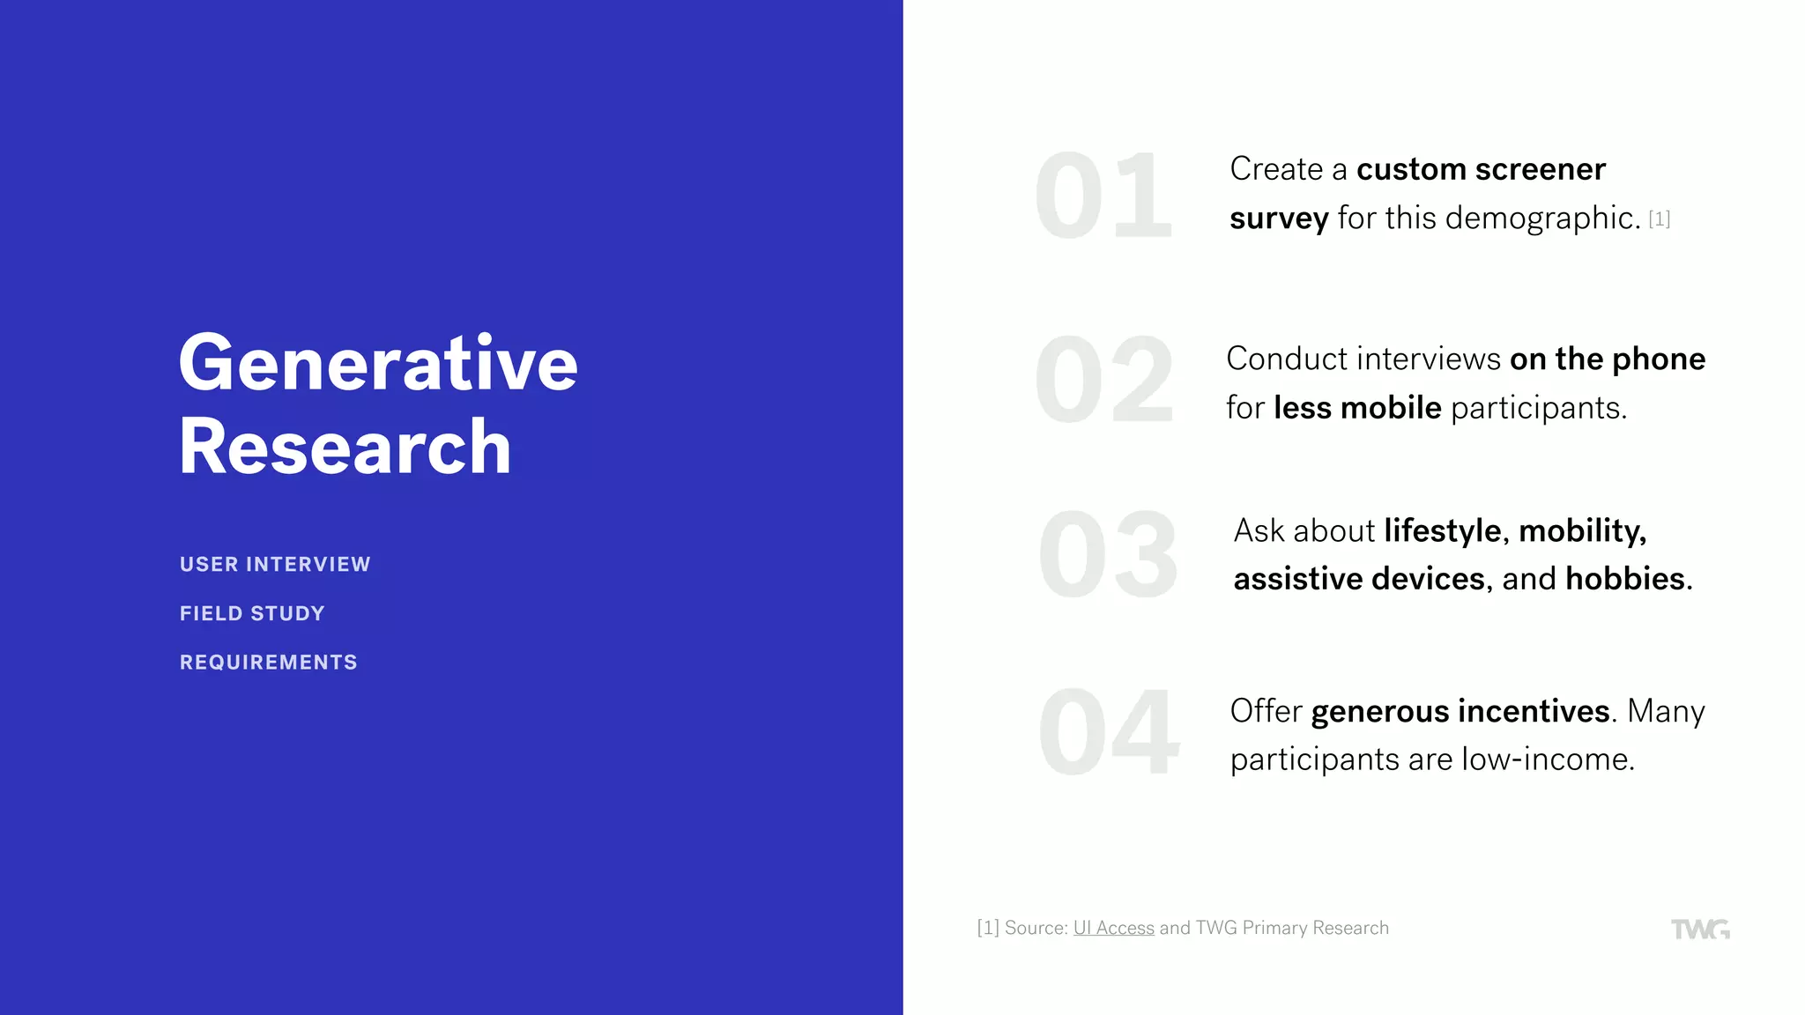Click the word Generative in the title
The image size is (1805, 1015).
pos(377,363)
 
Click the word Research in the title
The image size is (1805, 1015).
pos(345,448)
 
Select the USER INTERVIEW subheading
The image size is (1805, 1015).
pos(275,564)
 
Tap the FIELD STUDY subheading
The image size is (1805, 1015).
pos(252,613)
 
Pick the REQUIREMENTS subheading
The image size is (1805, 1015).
pos(268,662)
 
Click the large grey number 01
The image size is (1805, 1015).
pos(1103,196)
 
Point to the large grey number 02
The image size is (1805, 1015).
pos(1104,381)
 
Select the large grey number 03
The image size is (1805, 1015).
pos(1108,555)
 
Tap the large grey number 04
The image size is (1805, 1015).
pos(1108,733)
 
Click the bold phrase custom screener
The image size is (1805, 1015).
pos(1481,169)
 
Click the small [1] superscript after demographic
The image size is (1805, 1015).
pos(1659,219)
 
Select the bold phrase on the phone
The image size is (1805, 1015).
pos(1607,359)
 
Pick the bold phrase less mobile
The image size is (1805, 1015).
pos(1357,408)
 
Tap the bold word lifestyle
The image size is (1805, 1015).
pos(1442,531)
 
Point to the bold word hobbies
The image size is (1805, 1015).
pos(1624,579)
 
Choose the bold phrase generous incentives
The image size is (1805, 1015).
pos(1460,711)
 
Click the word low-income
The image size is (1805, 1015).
pos(1547,759)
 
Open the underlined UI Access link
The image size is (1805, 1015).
pos(1113,928)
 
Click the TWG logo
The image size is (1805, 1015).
pos(1699,929)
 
